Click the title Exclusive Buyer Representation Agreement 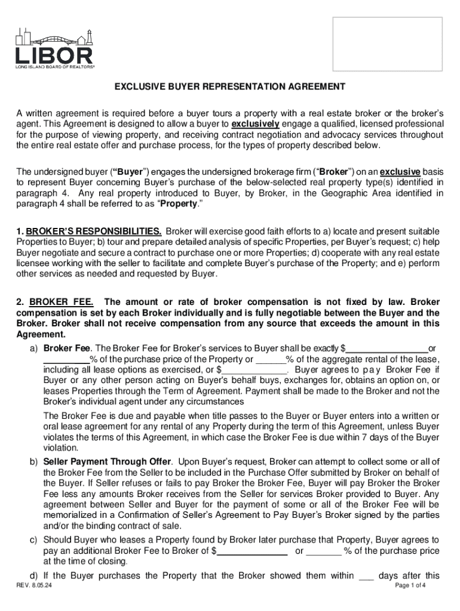pos(230,87)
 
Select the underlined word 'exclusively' pos(255,124)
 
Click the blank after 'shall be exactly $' pos(387,348)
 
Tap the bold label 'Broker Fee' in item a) pos(67,348)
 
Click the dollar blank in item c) pos(252,551)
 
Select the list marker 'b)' pos(34,462)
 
